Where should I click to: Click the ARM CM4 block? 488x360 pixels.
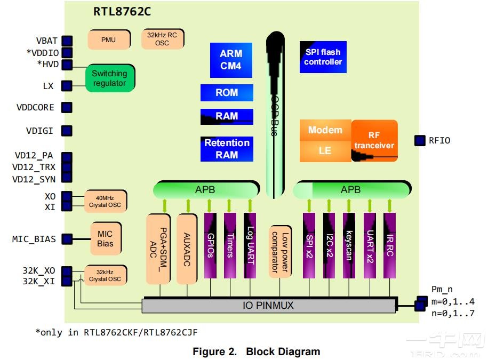pyautogui.click(x=230, y=60)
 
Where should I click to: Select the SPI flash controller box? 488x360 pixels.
pyautogui.click(x=323, y=57)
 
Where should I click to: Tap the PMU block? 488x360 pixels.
pyautogui.click(x=108, y=40)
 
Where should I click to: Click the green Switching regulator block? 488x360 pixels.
pyautogui.click(x=109, y=78)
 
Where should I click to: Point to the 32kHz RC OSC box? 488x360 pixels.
pyautogui.click(x=162, y=39)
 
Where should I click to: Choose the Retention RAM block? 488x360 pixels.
pyautogui.click(x=227, y=149)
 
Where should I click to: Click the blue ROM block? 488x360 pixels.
pyautogui.click(x=227, y=93)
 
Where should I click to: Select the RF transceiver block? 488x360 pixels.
pyautogui.click(x=374, y=141)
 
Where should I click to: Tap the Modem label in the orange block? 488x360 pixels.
pyautogui.click(x=325, y=130)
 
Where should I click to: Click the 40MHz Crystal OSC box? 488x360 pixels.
pyautogui.click(x=105, y=201)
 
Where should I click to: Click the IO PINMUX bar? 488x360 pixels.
pyautogui.click(x=269, y=306)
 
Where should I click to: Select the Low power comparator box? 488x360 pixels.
pyautogui.click(x=280, y=251)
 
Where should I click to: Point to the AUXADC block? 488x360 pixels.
pyautogui.click(x=187, y=249)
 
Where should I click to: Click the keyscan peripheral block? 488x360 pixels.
pyautogui.click(x=348, y=245)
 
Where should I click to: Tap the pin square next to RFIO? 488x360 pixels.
pyautogui.click(x=419, y=141)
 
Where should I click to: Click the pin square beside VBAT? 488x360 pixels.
pyautogui.click(x=67, y=41)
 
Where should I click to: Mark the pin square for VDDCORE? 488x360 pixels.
pyautogui.click(x=67, y=108)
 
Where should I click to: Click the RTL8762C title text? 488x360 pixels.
pyautogui.click(x=122, y=12)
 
